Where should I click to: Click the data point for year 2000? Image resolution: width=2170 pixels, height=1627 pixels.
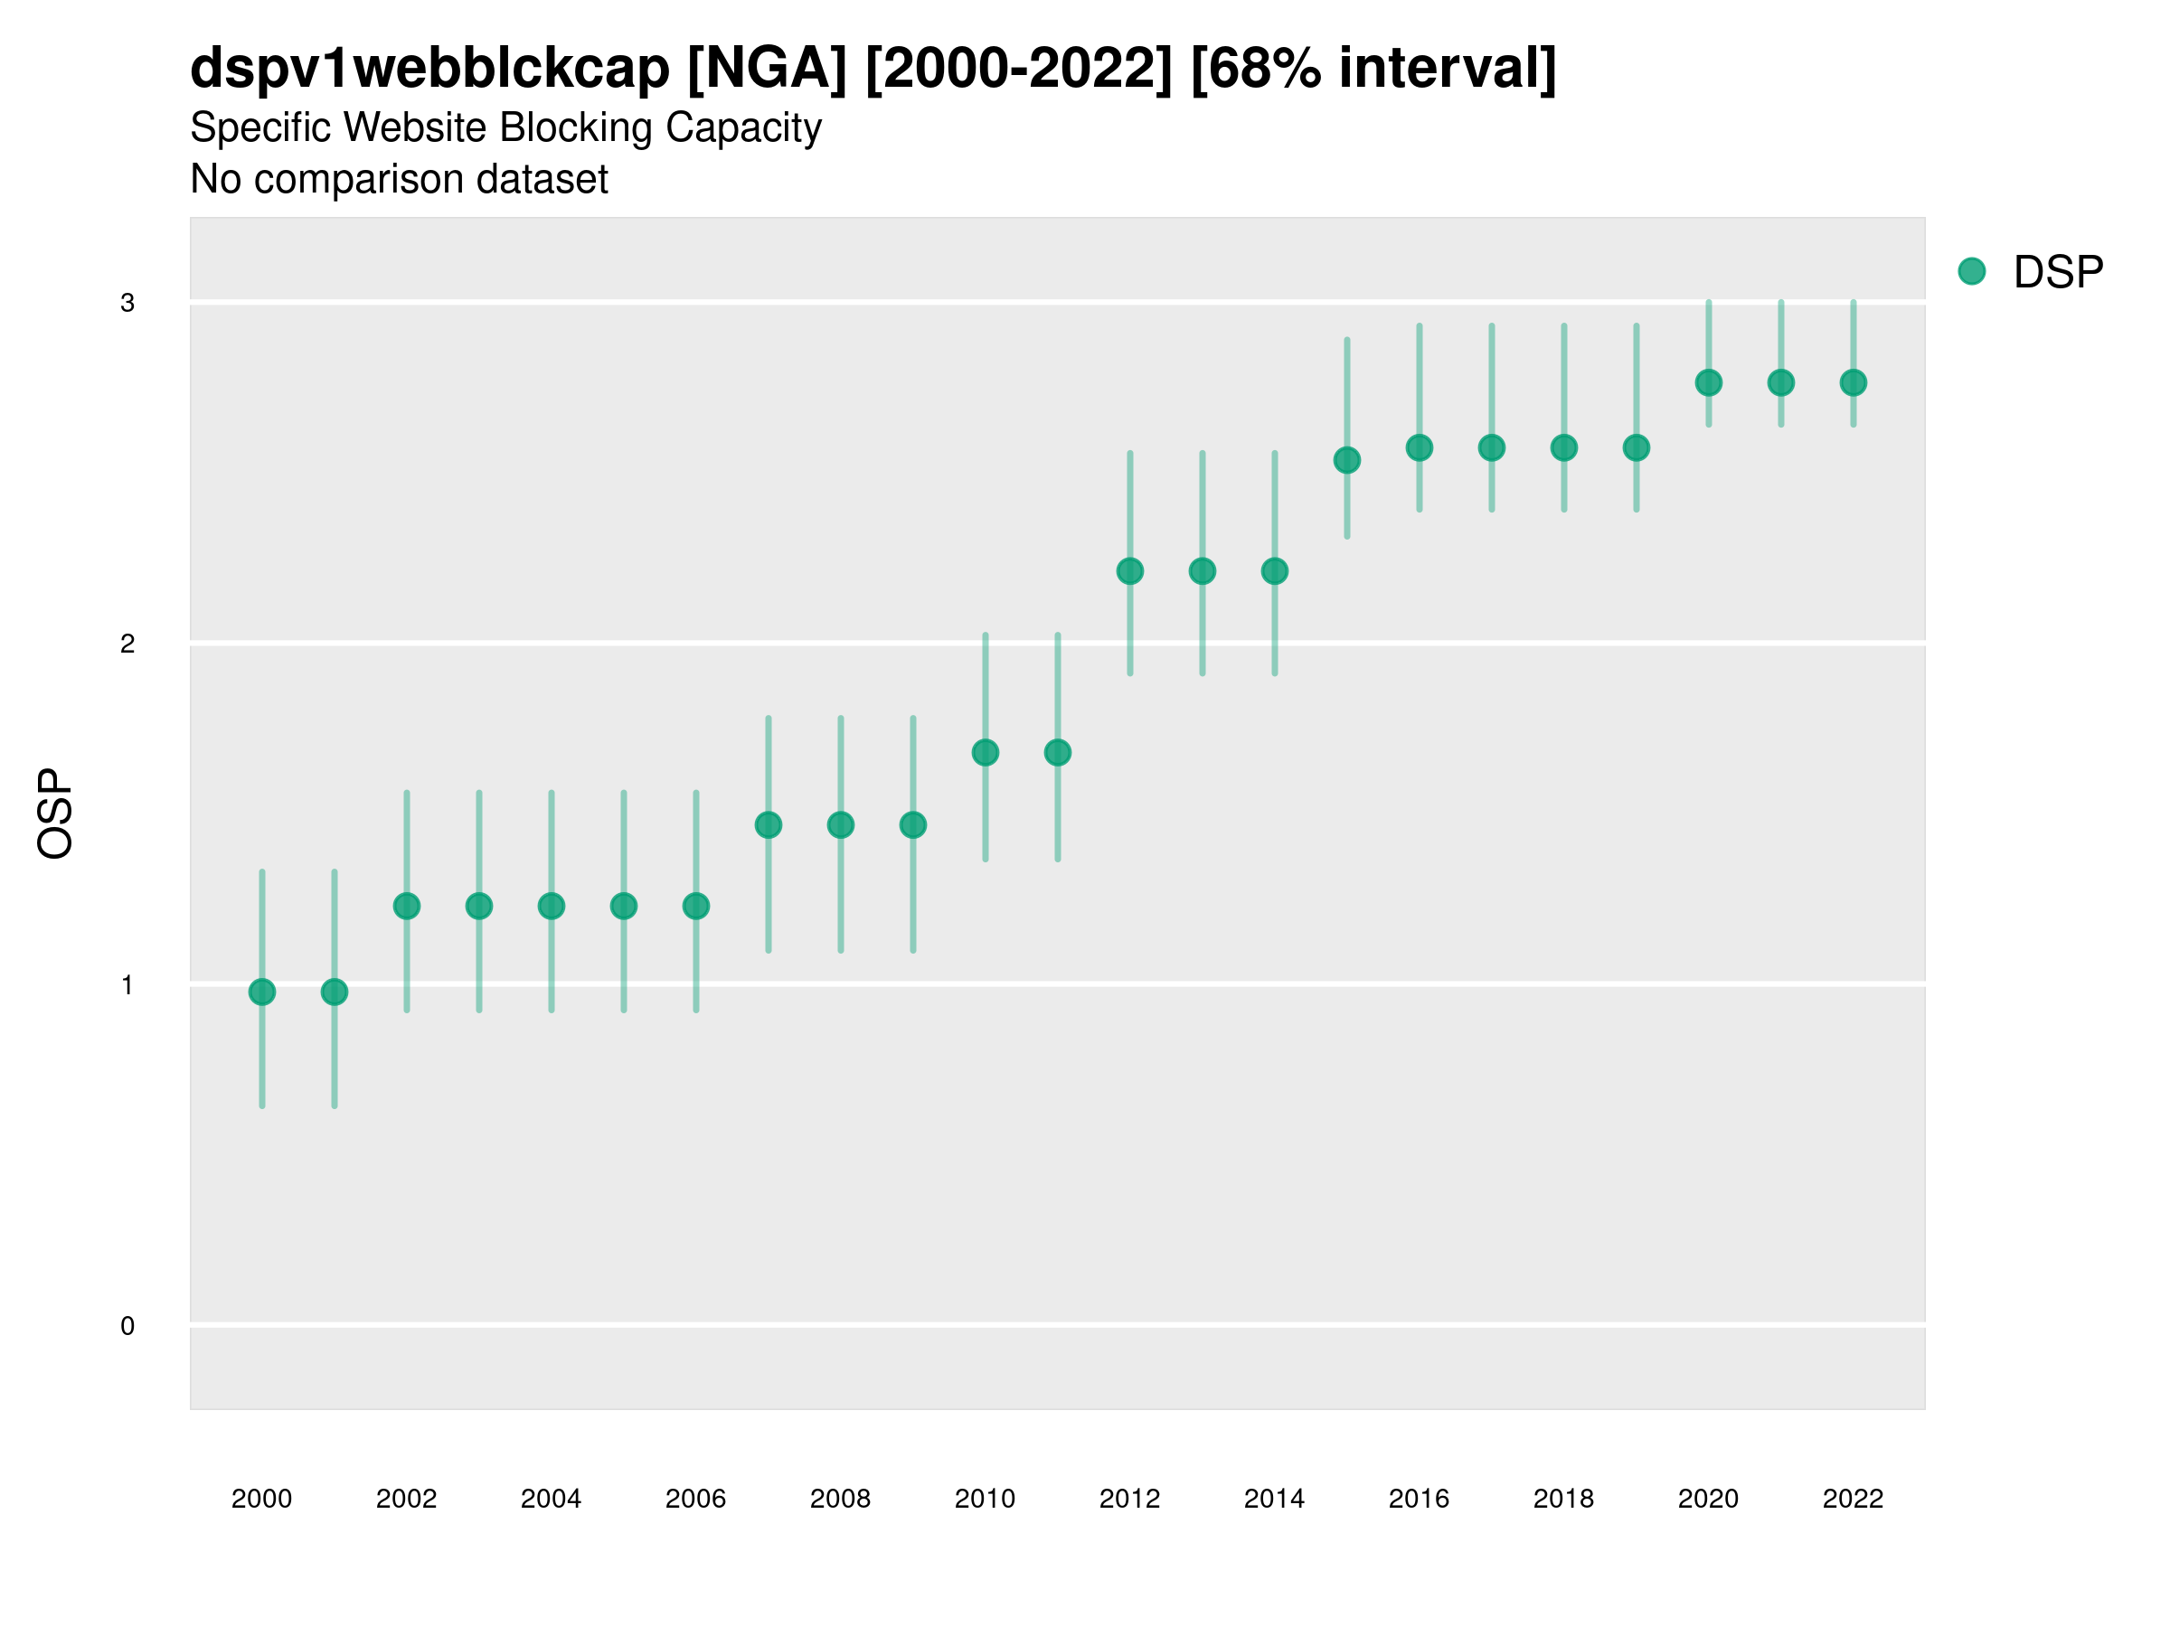click(262, 992)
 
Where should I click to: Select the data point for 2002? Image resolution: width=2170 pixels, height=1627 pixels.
click(407, 907)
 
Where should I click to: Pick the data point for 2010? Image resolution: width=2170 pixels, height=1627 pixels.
click(986, 753)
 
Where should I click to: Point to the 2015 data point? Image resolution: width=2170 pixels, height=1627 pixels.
click(1347, 460)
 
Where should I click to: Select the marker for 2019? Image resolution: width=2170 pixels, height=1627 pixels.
click(1637, 448)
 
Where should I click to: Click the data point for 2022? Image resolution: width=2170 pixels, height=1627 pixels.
click(1854, 383)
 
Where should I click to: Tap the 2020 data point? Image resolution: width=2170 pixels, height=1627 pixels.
click(1709, 383)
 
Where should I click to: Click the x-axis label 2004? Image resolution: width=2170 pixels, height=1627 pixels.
click(552, 1500)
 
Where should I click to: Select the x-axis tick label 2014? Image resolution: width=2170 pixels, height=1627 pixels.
click(1274, 1500)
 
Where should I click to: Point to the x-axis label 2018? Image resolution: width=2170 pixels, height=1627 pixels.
click(1563, 1500)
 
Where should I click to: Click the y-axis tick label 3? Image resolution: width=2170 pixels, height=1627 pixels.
click(127, 303)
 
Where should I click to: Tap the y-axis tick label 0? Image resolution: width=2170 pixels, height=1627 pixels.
click(127, 1327)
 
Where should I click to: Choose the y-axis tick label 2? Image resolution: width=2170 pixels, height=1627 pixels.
click(127, 644)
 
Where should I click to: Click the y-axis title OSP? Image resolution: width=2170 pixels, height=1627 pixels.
click(56, 814)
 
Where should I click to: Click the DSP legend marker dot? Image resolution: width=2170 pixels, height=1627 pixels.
click(1972, 272)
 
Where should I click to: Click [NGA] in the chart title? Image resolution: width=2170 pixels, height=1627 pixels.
click(766, 69)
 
